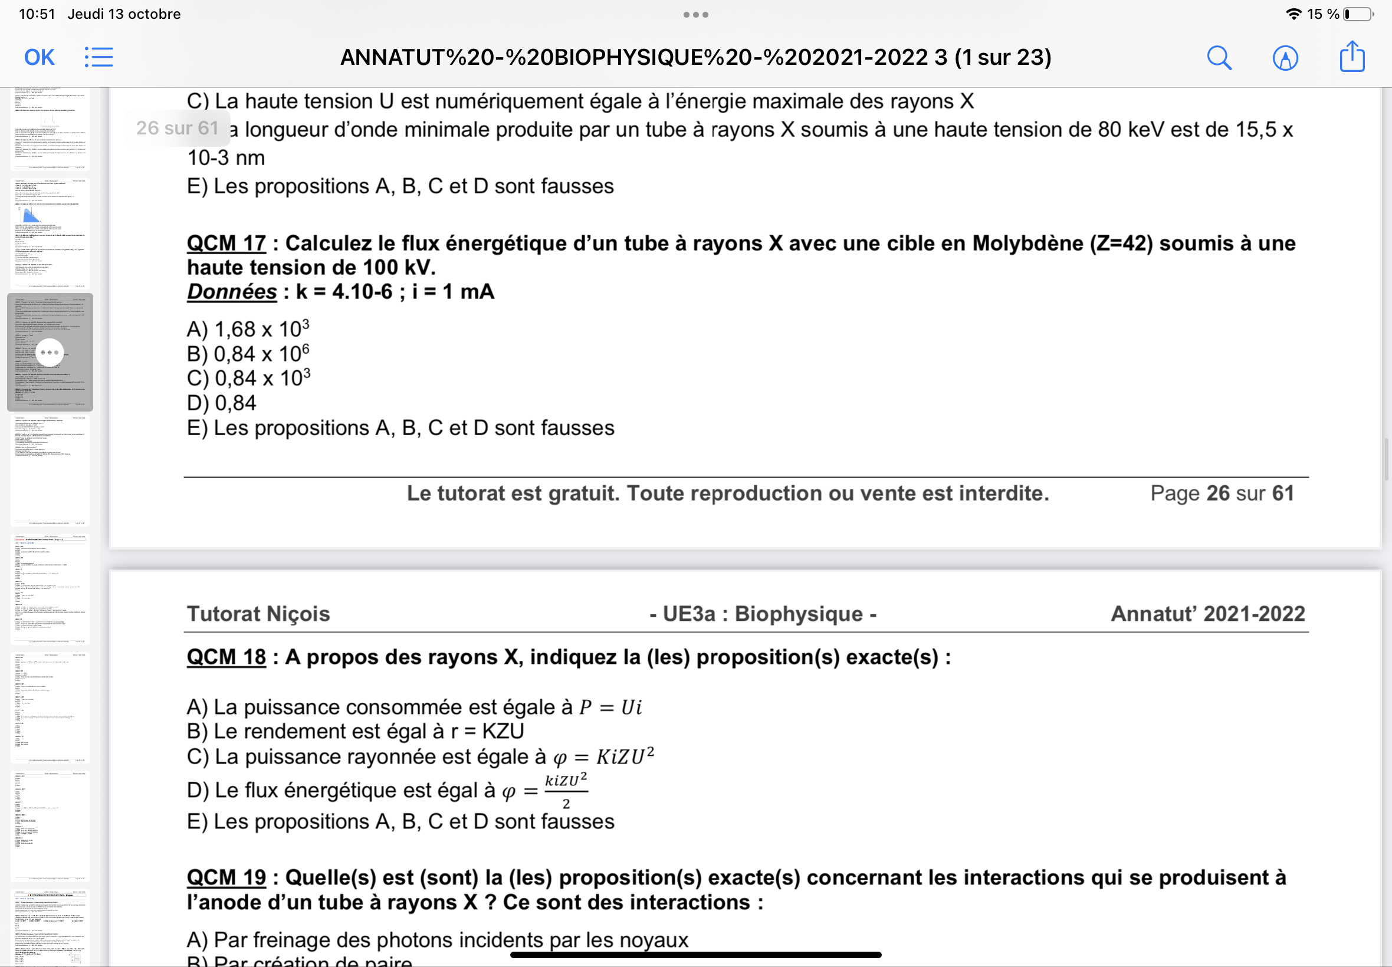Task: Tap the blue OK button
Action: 40,58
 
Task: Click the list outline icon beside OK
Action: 99,58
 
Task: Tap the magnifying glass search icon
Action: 1219,58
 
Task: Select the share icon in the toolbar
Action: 1351,57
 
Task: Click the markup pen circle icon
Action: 1285,58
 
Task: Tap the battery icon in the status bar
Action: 1357,14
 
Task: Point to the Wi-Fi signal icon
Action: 1293,14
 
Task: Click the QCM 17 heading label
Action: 226,244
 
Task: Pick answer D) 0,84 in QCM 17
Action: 221,403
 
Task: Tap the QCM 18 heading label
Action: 226,657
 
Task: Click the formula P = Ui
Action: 610,707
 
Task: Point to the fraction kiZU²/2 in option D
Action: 566,790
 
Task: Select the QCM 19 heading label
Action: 226,877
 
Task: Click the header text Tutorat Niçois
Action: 258,614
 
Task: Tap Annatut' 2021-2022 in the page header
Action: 1207,614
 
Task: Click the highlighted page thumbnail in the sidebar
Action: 50,352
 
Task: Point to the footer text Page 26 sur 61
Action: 1222,493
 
